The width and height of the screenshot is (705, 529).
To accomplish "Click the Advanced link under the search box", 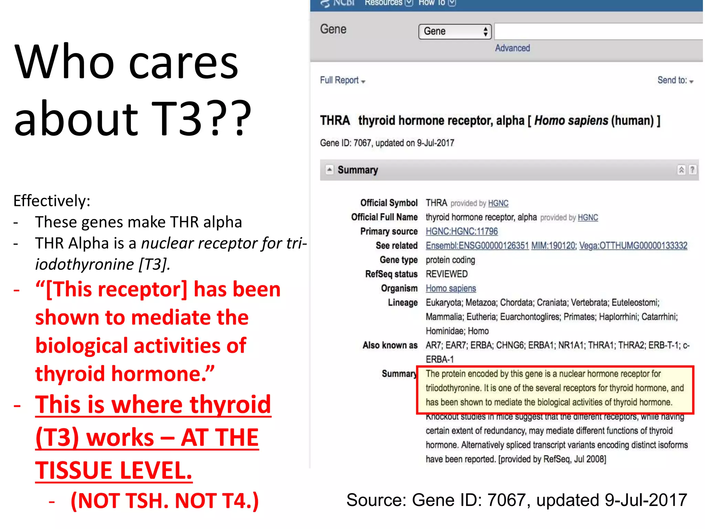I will point(512,48).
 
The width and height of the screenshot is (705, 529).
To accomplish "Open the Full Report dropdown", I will point(342,81).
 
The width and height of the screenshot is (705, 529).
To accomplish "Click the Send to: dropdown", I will point(675,81).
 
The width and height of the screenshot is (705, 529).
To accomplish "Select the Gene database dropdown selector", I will point(455,32).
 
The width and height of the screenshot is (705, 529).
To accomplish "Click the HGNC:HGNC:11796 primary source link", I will point(462,231).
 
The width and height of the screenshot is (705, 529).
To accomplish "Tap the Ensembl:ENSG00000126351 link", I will point(477,246).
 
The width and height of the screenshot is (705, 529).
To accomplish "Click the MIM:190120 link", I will point(554,246).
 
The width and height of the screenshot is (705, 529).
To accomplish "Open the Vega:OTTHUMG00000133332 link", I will point(633,246).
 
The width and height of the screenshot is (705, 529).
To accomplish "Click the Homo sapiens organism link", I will point(451,288).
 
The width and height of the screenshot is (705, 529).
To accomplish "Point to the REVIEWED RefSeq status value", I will point(446,274).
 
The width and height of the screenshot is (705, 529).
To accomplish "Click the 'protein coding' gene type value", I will point(450,260).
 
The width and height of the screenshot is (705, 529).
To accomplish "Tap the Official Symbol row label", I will point(389,203).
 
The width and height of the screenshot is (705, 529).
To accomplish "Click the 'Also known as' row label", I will point(390,345).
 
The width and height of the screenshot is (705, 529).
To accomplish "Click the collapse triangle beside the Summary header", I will point(329,169).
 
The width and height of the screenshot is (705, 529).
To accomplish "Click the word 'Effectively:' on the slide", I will point(52,201).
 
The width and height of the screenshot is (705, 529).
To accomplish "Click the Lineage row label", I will point(402,303).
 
